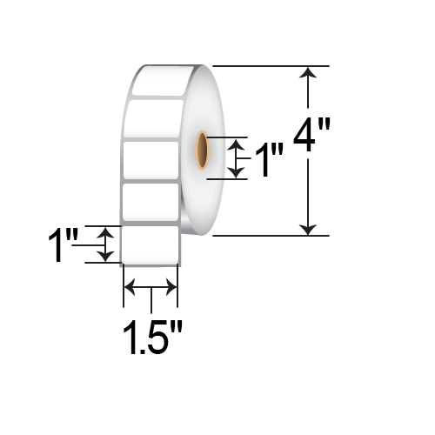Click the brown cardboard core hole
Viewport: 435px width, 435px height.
(202, 151)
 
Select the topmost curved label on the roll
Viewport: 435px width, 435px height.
(162, 81)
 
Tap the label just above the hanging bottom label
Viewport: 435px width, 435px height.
(151, 202)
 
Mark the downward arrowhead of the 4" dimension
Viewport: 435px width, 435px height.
(306, 228)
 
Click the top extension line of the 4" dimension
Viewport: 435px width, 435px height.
(270, 65)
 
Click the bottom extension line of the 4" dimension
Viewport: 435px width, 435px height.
(270, 235)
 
